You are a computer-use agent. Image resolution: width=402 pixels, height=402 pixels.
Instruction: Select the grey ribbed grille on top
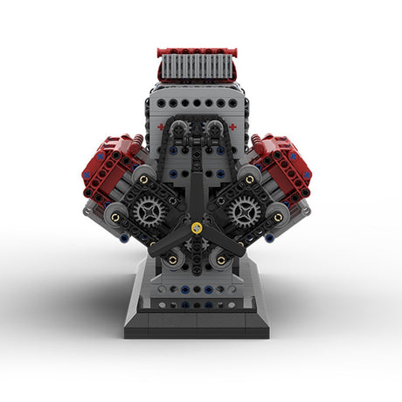197,68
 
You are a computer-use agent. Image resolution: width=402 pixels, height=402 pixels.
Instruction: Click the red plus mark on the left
161,126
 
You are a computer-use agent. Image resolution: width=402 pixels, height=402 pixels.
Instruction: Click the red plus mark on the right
233,126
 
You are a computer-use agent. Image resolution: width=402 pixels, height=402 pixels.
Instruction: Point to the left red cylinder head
110,166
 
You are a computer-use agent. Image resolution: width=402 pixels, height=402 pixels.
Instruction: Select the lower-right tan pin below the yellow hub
220,260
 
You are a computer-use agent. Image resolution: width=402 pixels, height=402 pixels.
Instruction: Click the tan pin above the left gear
143,180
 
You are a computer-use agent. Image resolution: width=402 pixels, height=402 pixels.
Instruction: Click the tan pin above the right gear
252,180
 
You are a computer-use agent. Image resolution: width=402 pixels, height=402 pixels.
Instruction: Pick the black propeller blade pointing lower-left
168,244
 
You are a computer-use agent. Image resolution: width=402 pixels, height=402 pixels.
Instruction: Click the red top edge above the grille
197,52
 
